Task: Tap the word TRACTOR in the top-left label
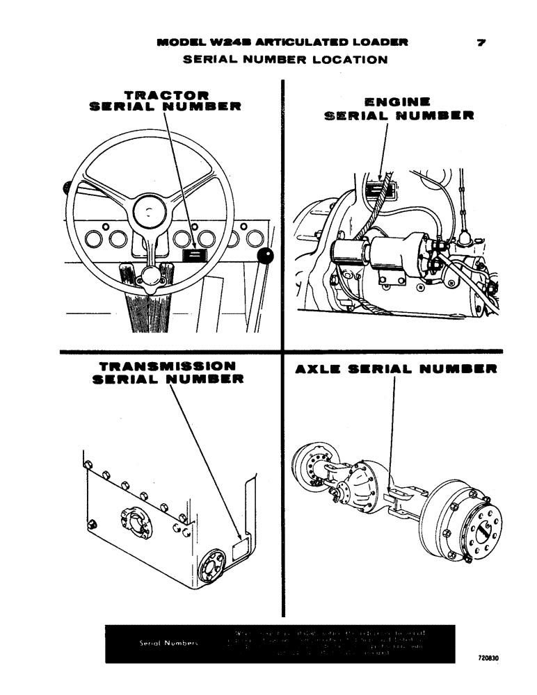coord(166,94)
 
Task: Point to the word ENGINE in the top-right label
coord(399,101)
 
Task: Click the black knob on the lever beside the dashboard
coord(265,258)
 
